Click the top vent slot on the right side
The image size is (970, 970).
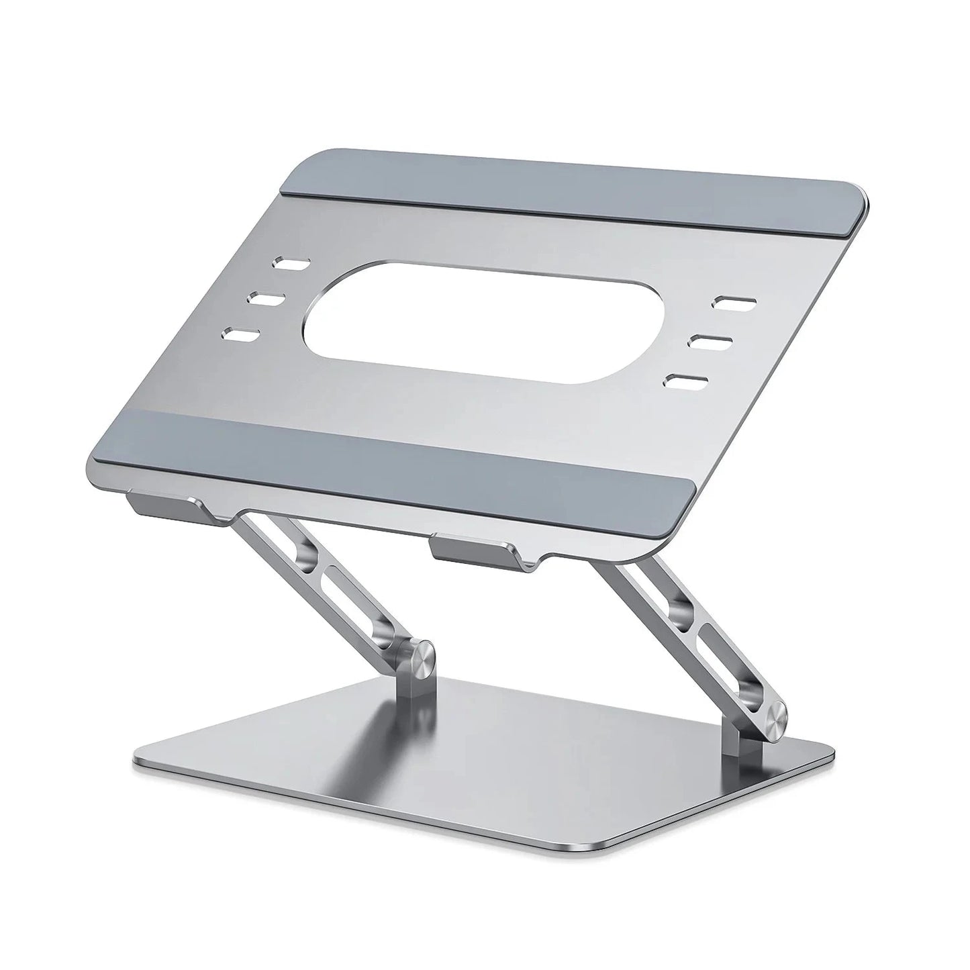[x=734, y=302]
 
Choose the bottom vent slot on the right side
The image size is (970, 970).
[x=685, y=380]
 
